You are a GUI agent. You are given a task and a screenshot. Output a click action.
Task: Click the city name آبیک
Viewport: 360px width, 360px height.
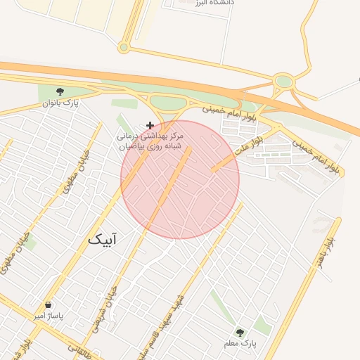(103, 240)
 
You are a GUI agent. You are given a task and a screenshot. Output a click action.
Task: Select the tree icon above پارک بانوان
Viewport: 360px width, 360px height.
(60, 91)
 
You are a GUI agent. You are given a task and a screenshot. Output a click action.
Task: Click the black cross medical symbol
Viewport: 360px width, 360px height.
(150, 124)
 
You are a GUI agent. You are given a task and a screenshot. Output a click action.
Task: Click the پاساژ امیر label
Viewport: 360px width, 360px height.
(49, 316)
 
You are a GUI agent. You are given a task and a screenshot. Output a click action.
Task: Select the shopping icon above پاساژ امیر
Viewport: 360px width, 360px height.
(48, 304)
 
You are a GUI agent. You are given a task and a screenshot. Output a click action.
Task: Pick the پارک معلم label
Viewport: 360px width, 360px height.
(240, 343)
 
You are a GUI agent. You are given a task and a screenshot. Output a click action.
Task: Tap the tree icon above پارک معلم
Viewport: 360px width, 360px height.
(240, 332)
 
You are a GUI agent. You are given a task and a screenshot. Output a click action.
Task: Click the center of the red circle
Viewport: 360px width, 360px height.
(180, 179)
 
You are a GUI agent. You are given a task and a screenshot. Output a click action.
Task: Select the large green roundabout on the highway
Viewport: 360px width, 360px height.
(283, 82)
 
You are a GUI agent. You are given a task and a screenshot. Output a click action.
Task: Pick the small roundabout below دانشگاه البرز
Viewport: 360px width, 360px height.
(124, 47)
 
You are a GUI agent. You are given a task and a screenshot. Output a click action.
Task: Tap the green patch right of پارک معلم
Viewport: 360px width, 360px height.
(262, 325)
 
